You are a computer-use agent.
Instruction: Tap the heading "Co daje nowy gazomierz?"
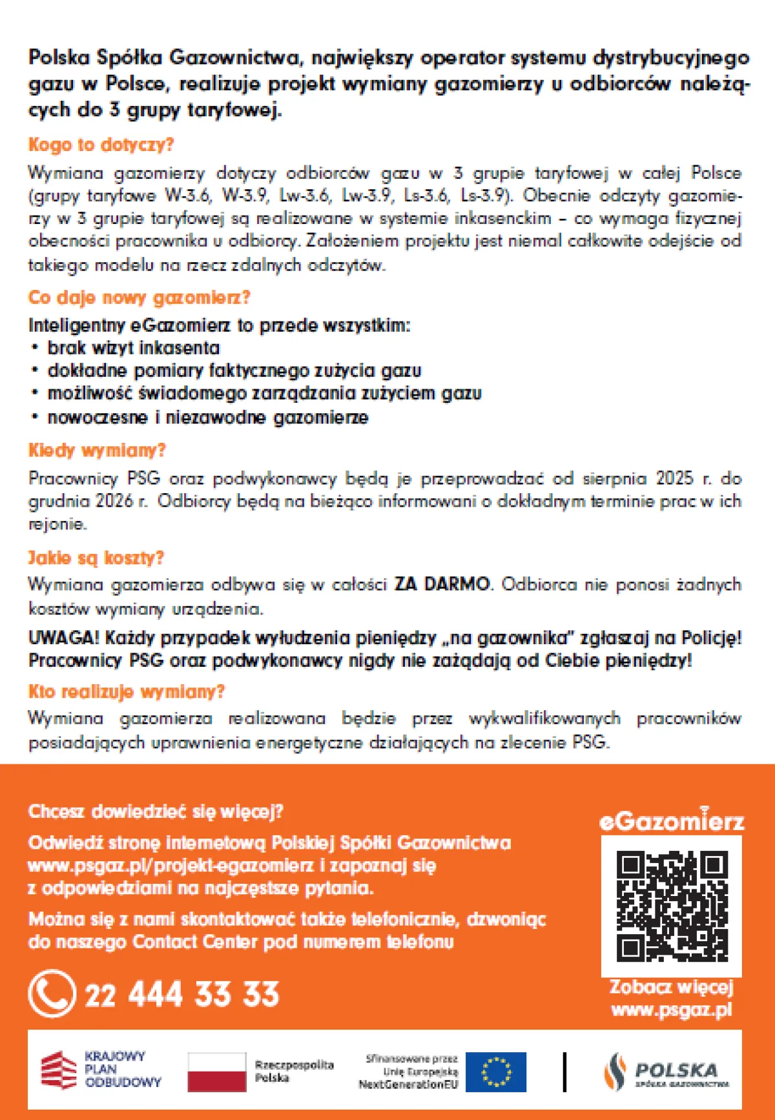[139, 298]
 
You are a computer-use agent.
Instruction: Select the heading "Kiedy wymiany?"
[97, 450]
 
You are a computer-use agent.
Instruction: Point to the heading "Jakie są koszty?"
[96, 558]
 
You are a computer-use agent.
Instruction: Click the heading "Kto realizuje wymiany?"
[127, 692]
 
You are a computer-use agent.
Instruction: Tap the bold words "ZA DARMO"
[442, 584]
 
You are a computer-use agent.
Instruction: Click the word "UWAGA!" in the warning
[63, 638]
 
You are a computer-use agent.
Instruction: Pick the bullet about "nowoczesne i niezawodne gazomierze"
[207, 418]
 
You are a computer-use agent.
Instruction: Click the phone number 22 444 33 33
[182, 994]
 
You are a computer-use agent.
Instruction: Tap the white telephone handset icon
[52, 993]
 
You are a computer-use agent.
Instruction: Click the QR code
[672, 906]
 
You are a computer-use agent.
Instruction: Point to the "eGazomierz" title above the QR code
[672, 821]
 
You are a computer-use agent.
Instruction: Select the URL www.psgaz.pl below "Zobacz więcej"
[672, 1010]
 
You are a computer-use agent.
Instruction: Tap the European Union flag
[496, 1072]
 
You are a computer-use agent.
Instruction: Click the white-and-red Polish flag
[217, 1072]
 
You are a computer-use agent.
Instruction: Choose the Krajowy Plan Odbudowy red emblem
[59, 1070]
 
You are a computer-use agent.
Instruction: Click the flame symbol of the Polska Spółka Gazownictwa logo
[615, 1072]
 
